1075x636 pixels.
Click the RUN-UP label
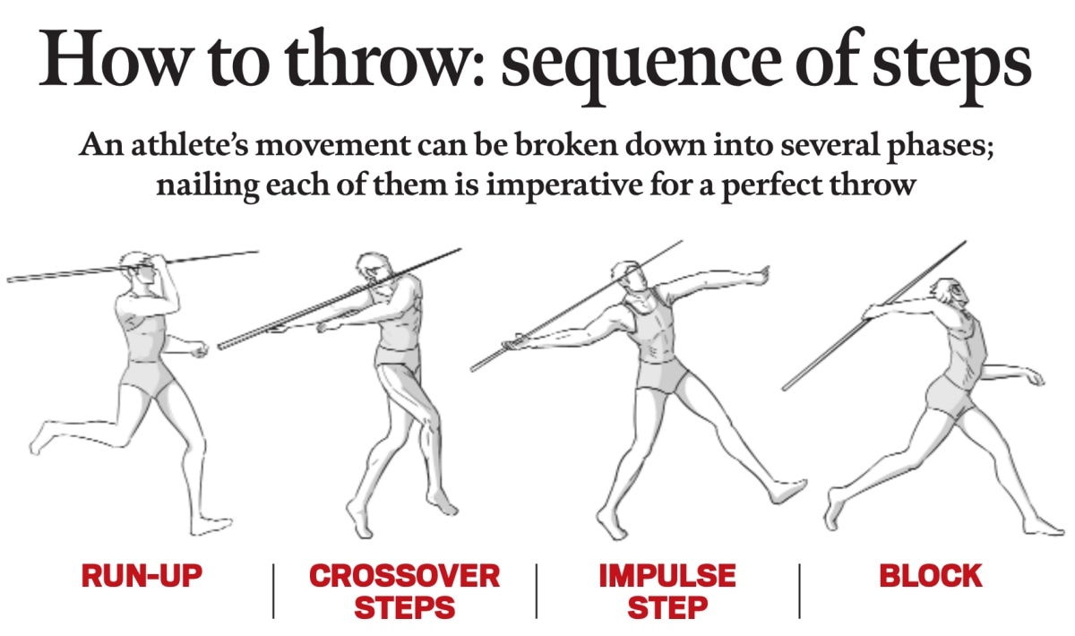click(x=142, y=575)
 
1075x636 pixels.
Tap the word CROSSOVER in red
click(x=405, y=575)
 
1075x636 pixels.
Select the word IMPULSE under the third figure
click(x=667, y=575)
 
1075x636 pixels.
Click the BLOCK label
click(x=931, y=575)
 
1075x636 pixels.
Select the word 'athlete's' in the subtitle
click(x=190, y=145)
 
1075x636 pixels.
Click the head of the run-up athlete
click(x=138, y=269)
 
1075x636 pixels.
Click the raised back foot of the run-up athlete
click(x=41, y=438)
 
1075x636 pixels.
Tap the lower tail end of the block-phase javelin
click(x=784, y=389)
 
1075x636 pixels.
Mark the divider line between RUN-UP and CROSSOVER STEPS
click(x=273, y=591)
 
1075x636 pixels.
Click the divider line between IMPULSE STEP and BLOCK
click(x=799, y=591)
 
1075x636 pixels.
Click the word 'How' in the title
click(x=113, y=57)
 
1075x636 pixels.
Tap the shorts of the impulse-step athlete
click(x=662, y=375)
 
